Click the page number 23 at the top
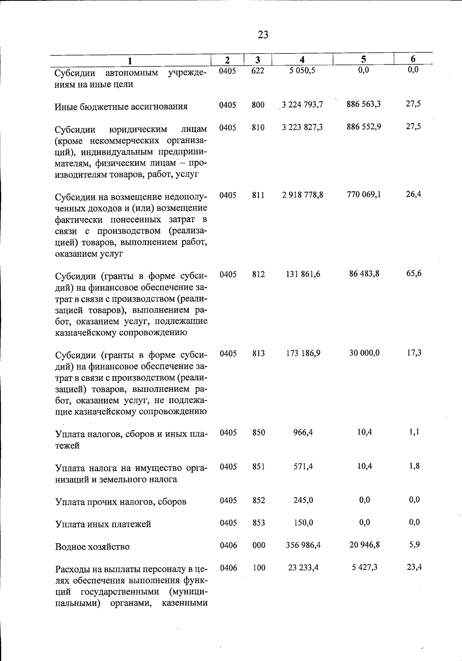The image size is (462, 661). (263, 35)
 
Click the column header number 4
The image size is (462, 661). (302, 60)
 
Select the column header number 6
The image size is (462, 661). (413, 59)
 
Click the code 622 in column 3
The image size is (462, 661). (258, 70)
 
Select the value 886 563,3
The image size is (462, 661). (363, 104)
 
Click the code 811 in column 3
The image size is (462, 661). (258, 195)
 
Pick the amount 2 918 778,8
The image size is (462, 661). (302, 195)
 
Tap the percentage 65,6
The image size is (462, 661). (414, 273)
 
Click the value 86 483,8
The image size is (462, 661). (364, 274)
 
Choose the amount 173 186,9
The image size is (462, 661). (303, 353)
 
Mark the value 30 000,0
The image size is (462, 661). (364, 353)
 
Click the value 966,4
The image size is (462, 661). (303, 433)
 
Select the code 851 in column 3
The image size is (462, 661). (258, 467)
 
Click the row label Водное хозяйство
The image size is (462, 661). (92, 547)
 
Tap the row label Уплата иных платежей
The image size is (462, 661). (103, 524)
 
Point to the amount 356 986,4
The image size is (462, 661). (303, 545)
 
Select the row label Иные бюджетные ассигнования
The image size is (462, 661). (121, 107)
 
